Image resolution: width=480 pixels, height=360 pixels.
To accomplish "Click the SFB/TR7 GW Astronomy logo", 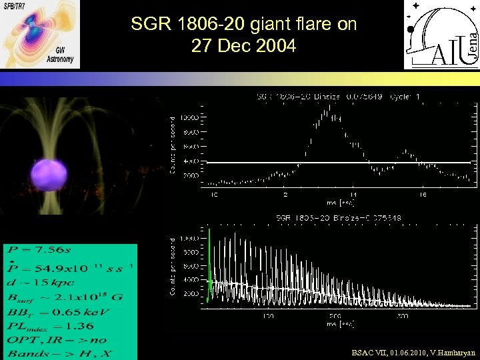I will [x=40, y=33].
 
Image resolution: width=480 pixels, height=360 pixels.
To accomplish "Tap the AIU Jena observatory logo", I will [x=441, y=34].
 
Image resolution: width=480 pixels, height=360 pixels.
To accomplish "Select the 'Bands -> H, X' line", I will [x=53, y=353].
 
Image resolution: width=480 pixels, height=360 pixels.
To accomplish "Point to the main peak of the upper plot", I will [x=327, y=113].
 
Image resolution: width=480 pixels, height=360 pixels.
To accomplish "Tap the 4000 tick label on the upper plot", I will [x=190, y=161].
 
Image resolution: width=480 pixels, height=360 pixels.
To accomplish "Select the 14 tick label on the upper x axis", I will [x=353, y=195].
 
